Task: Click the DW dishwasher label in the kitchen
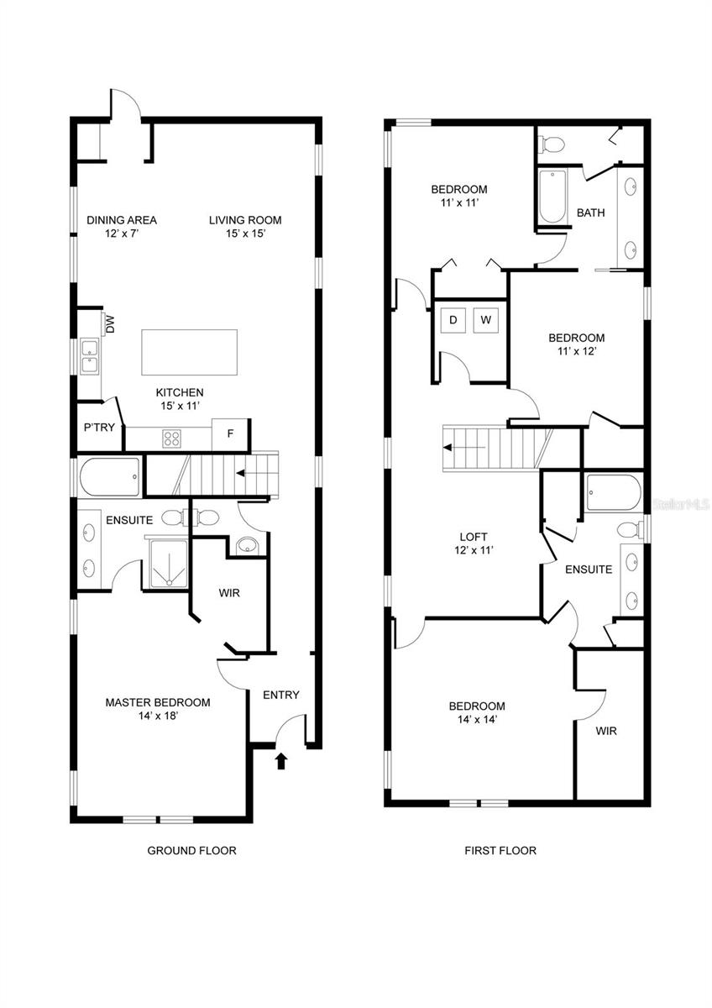pos(109,322)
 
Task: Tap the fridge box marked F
pos(228,434)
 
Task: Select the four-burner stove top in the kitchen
pos(172,438)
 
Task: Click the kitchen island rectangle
pos(189,352)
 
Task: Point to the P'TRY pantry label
pos(98,428)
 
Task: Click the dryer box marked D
pos(453,320)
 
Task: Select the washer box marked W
pos(485,320)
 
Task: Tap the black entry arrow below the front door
pos(281,761)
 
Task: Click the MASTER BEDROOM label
pos(158,702)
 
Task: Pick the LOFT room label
pos(473,537)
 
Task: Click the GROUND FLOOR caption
pos(191,850)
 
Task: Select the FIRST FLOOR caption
pos(500,850)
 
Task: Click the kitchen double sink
pos(89,356)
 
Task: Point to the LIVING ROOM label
pos(245,220)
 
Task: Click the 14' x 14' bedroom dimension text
pos(476,720)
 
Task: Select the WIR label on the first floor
pos(606,731)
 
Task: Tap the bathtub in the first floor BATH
pos(552,197)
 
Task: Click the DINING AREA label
pos(122,220)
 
